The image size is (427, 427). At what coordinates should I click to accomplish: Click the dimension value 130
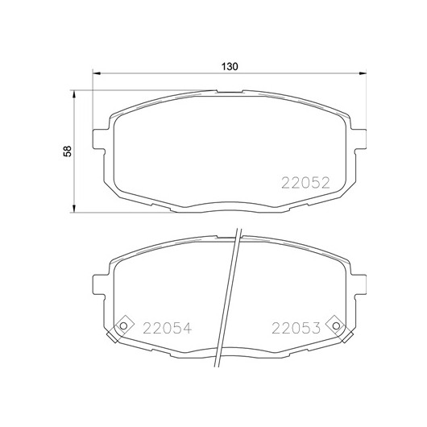coord(230,66)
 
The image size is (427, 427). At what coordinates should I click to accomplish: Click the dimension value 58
coord(67,151)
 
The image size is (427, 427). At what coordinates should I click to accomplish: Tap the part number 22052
coord(305,183)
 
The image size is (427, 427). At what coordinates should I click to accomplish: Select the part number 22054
coord(168,328)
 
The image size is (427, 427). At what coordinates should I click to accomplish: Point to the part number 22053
coord(296,328)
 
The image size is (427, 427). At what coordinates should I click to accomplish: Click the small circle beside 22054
coord(123,325)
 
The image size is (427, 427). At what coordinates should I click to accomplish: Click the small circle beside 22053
coord(336,325)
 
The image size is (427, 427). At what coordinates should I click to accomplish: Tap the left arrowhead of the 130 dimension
coord(97,73)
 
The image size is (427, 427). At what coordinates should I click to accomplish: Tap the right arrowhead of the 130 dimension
coord(363,73)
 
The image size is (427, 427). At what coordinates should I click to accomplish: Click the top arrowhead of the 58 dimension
coord(73,94)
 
